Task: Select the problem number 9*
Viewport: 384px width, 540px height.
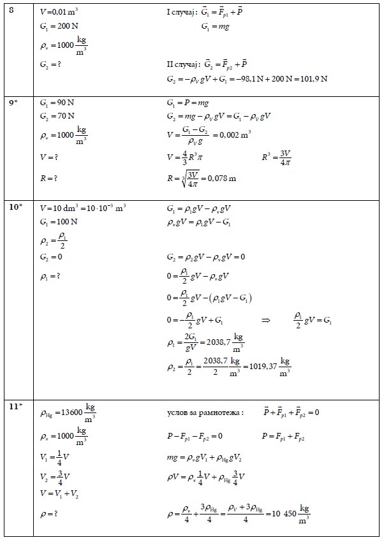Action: coord(13,102)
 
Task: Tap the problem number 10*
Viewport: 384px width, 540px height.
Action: coord(15,208)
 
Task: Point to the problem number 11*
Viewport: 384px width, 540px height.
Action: coord(15,405)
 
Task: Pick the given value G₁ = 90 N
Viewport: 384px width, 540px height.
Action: coord(57,102)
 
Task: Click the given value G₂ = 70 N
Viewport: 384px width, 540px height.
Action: coord(57,115)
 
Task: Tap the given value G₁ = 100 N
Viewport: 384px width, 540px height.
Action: coord(59,221)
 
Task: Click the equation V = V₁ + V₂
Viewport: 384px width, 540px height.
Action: coord(59,493)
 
